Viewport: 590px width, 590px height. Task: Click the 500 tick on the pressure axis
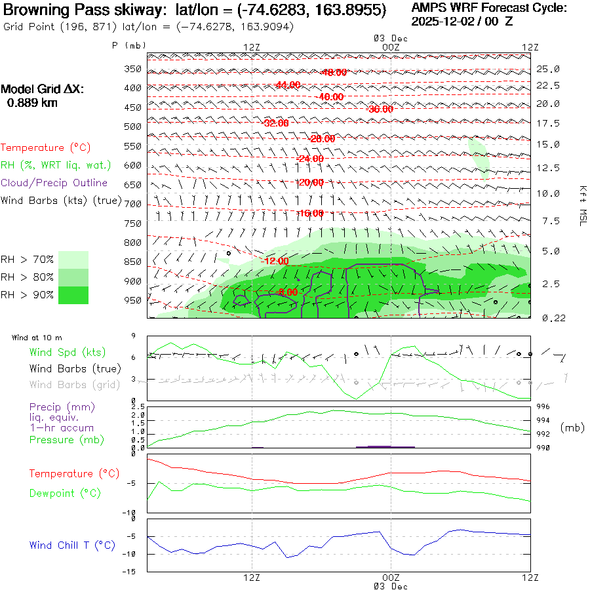coord(133,126)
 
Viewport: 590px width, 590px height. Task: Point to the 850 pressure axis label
coord(133,262)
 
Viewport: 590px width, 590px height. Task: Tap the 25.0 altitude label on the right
coord(548,69)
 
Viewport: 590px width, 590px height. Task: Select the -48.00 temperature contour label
coord(334,72)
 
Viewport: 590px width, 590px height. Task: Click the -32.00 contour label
coord(275,123)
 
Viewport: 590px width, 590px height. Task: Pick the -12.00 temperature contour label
coord(275,261)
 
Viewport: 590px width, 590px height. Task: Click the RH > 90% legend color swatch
coord(73,296)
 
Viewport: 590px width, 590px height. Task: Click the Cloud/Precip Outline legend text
coord(54,183)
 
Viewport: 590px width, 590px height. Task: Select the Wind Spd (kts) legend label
coord(67,352)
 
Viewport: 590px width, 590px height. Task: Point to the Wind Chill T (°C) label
coord(72,545)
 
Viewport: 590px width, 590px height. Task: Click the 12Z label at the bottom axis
coord(252,578)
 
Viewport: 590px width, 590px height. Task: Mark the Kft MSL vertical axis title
coord(581,205)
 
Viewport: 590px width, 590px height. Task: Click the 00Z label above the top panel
coord(390,47)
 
